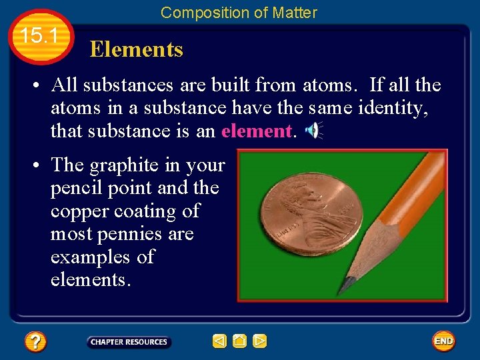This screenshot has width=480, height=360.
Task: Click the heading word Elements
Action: tap(136, 49)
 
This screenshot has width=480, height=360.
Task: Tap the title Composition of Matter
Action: tap(239, 12)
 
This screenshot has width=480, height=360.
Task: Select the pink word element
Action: tap(256, 131)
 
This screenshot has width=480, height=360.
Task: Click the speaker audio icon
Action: tap(312, 131)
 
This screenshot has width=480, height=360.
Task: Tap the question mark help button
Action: tap(35, 342)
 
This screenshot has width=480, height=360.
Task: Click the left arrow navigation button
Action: tap(219, 342)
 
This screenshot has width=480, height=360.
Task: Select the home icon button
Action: tap(239, 342)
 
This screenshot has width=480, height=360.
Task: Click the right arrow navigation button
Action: tap(260, 342)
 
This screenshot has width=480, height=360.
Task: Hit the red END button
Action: tap(443, 341)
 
